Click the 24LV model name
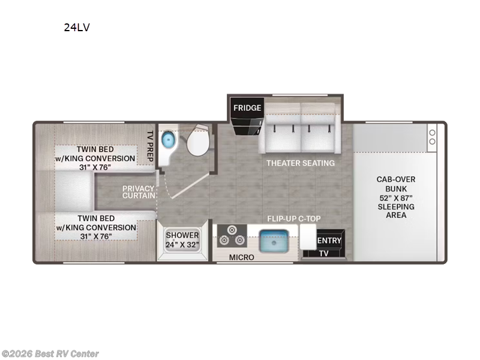click(x=77, y=27)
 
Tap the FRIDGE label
click(x=247, y=108)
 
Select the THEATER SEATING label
click(x=301, y=163)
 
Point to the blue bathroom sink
click(x=169, y=140)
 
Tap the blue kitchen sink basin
click(x=275, y=241)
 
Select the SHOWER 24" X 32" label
click(x=182, y=240)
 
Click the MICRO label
click(x=242, y=257)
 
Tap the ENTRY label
click(x=329, y=241)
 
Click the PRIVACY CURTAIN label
click(x=139, y=192)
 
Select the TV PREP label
click(x=151, y=143)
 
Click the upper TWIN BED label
click(x=96, y=158)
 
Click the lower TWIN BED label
click(x=96, y=227)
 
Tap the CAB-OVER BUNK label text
click(x=396, y=197)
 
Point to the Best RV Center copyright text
click(x=50, y=354)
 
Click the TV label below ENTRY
click(x=324, y=254)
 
